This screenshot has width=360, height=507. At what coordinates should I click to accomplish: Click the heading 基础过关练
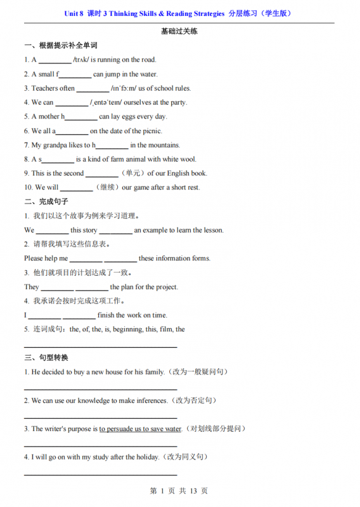pos(179,31)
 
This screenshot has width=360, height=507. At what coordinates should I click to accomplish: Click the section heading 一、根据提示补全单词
pos(61,46)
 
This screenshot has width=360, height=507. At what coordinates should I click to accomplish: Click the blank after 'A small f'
pos(75,74)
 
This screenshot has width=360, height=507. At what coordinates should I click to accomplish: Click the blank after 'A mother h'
pos(81,117)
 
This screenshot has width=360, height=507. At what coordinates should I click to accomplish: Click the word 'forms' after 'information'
pos(200,259)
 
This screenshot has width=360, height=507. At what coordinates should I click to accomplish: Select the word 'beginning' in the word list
pos(127,330)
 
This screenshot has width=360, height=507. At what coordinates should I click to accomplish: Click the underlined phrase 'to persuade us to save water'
pos(140,429)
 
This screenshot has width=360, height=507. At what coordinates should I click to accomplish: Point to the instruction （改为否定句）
pos(196,401)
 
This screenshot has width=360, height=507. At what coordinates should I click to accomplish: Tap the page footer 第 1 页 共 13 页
pos(179,491)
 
